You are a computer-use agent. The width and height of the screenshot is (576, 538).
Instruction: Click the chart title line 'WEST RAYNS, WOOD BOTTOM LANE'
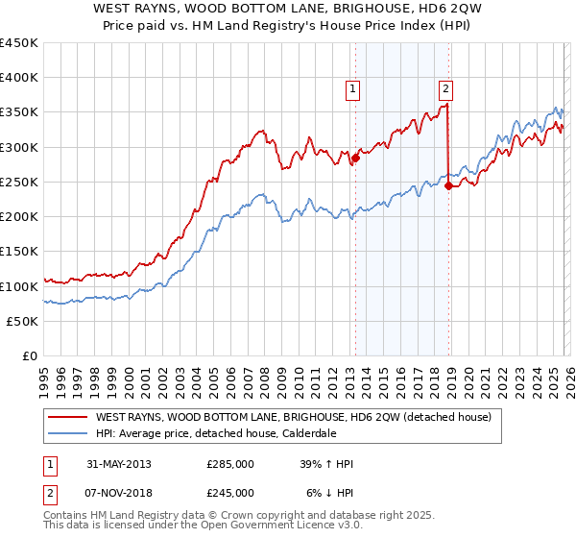(288, 9)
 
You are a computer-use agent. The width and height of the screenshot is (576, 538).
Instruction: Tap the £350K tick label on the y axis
(19, 112)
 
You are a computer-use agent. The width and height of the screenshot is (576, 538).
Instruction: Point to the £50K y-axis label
(23, 321)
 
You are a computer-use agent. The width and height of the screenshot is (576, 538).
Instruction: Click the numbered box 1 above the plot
(353, 89)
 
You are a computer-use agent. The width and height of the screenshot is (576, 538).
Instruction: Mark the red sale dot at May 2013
(355, 158)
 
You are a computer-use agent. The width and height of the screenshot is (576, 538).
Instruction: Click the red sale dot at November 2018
(448, 185)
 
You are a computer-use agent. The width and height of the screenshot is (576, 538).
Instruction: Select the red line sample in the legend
(69, 417)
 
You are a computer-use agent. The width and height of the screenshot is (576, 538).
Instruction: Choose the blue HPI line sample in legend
(69, 433)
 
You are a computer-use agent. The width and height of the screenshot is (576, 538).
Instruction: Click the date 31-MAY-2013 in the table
(118, 464)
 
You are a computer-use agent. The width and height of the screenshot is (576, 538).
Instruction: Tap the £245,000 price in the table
(230, 492)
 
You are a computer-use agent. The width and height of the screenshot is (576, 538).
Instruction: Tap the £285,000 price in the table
(230, 464)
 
